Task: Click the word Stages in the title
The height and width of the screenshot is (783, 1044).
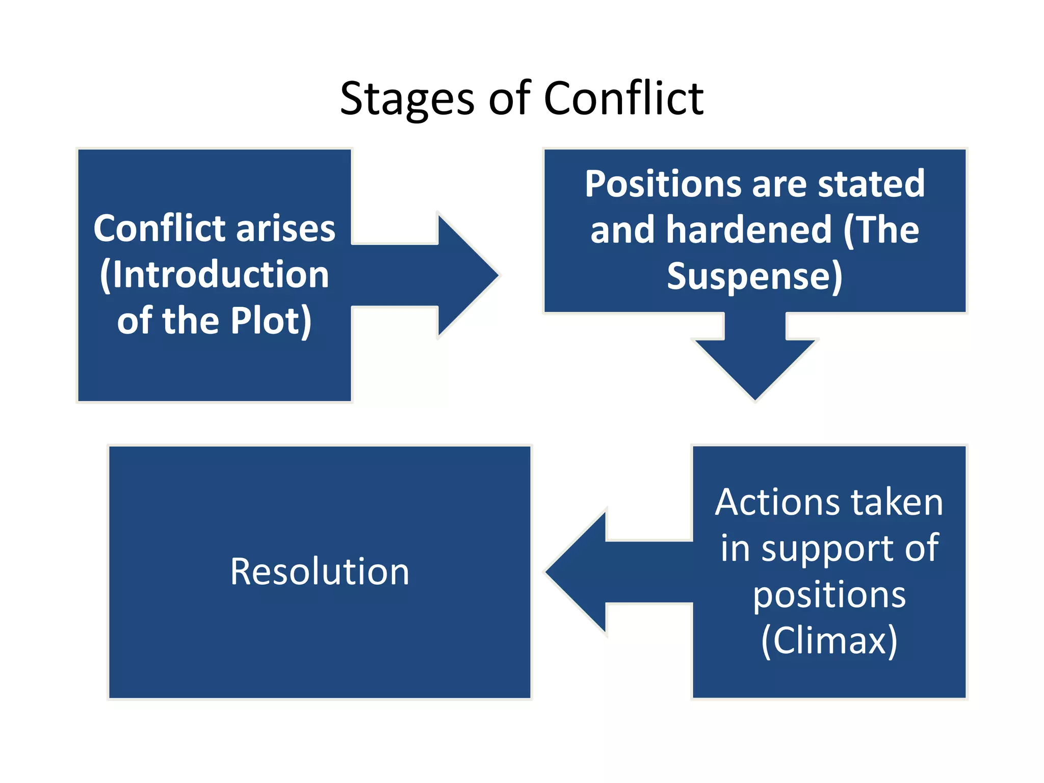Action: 406,99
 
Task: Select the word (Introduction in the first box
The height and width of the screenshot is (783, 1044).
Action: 214,274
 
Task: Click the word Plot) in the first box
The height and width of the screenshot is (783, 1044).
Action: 271,321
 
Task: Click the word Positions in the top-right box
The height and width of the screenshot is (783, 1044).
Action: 663,185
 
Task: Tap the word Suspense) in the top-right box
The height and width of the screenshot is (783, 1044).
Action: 754,276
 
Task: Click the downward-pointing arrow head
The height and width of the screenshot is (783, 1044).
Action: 755,367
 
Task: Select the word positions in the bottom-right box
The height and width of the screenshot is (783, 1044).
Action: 829,594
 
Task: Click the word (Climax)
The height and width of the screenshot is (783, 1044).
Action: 829,640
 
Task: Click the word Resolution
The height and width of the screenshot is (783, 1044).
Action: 320,571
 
